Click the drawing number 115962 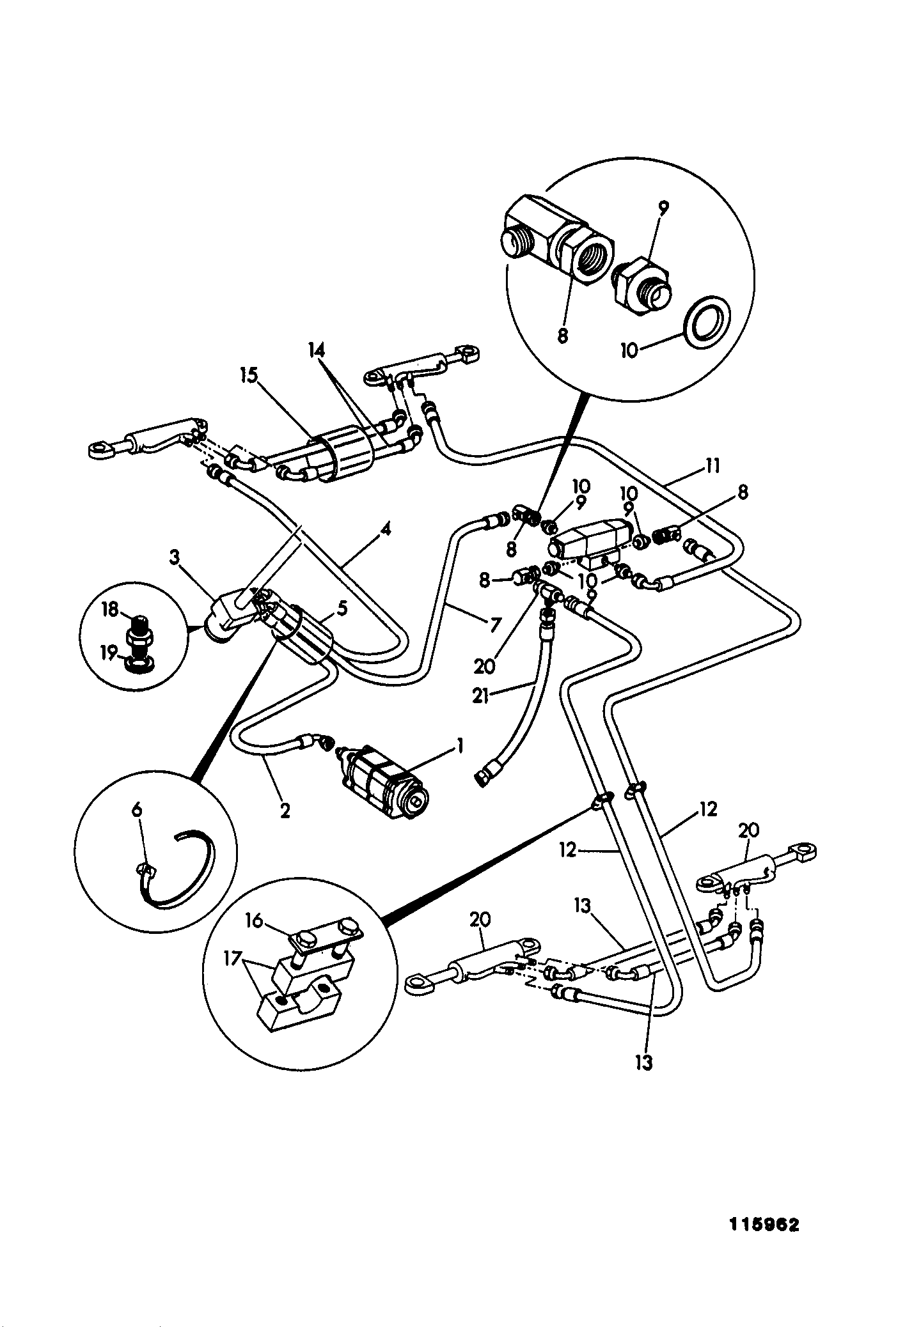point(764,1225)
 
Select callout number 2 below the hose point(285,811)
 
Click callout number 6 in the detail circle point(137,809)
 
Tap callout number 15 point(248,375)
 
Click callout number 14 point(315,350)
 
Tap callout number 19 point(110,653)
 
